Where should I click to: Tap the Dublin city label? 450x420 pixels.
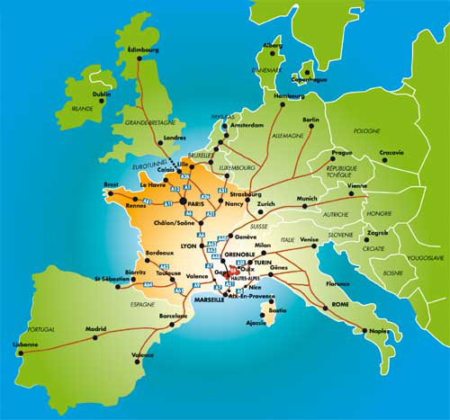point(102,93)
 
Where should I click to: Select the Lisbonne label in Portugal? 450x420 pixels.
point(26,344)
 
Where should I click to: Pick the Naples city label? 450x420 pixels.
point(379,332)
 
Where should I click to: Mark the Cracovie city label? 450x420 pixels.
point(391,152)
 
